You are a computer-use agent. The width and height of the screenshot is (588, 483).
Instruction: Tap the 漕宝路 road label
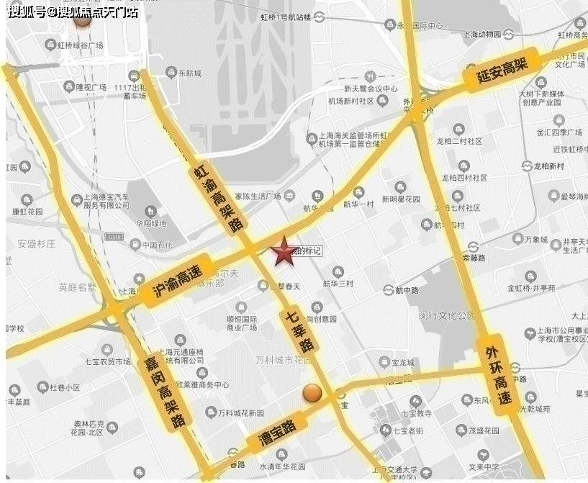pos(271,434)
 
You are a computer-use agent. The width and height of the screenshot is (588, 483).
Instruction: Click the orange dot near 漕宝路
pos(312,393)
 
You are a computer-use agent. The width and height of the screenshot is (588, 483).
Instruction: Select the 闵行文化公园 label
pos(447,315)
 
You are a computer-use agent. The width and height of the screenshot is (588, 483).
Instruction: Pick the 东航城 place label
pos(189,73)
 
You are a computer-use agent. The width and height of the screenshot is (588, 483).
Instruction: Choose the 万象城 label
pos(534,239)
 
